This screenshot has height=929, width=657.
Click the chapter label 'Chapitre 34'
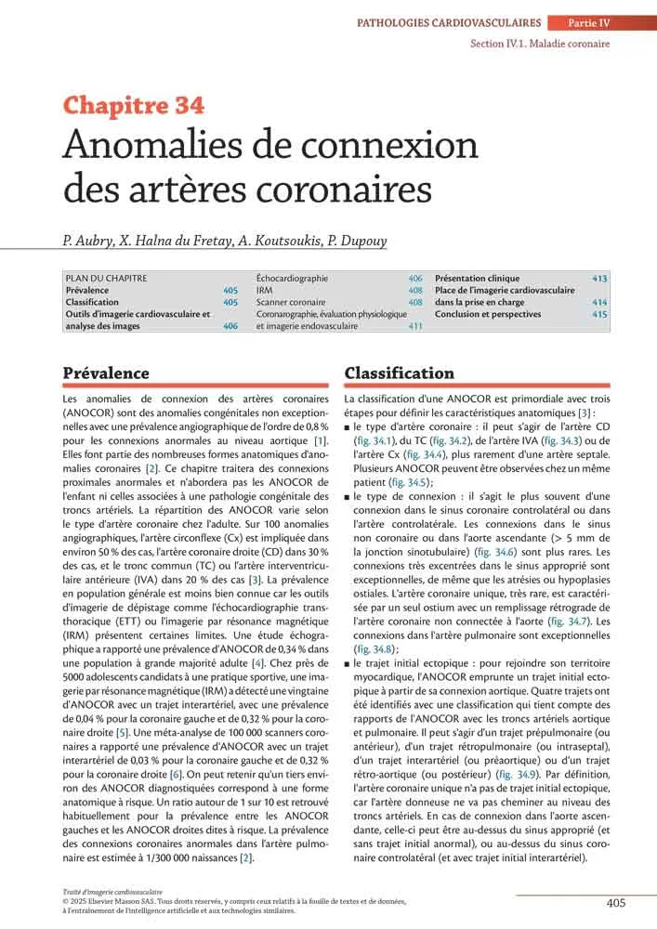pos(134,106)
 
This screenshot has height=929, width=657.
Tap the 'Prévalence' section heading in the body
pos(106,373)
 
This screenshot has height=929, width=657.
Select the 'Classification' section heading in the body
pos(400,373)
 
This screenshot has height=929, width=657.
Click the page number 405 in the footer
pos(616,902)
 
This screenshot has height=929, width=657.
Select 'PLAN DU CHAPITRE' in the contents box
pos(106,278)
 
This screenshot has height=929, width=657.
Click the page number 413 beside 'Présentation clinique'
pos(599,278)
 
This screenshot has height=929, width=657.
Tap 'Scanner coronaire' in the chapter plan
pos(291,302)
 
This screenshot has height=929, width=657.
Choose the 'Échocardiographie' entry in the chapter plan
pos(293,278)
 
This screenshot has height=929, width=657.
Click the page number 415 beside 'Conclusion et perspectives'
pos(599,314)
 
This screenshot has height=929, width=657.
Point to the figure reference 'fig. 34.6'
pos(495,552)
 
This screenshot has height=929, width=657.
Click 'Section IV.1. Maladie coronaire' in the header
pos(539,43)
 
